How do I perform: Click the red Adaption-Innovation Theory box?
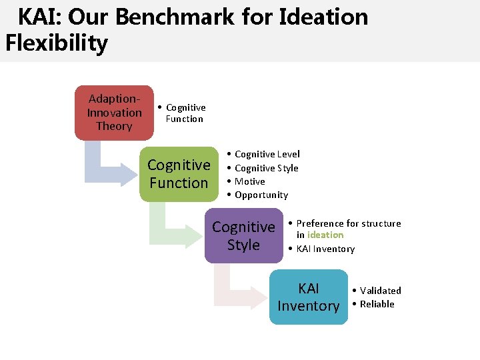tap(114, 113)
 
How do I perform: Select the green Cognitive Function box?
tap(179, 174)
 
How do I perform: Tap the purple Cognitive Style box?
tap(243, 236)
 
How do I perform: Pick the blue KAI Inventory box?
tap(308, 297)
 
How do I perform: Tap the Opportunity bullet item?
tap(261, 195)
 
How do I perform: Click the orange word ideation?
tap(325, 235)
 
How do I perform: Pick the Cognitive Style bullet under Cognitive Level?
tap(266, 168)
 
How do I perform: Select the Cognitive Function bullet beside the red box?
tap(185, 113)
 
